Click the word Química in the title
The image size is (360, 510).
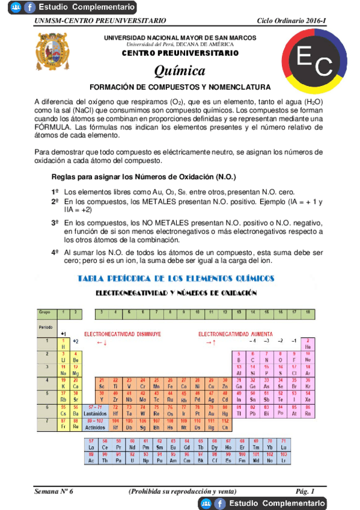pos(180,71)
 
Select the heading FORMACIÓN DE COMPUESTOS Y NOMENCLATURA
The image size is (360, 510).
pos(180,87)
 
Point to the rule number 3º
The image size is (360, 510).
pos(55,223)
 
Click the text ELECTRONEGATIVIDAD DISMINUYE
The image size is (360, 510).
pos(122,333)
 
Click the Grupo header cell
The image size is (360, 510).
pos(44,312)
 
